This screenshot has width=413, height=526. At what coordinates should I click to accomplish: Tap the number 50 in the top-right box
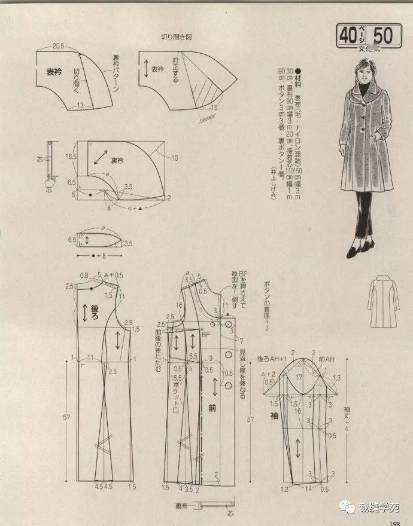click(x=383, y=36)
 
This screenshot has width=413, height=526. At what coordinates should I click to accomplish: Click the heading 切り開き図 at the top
click(x=176, y=37)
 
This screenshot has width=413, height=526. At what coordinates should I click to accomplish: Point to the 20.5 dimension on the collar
click(x=58, y=46)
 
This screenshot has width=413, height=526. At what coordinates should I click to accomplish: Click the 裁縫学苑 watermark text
click(x=378, y=507)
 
